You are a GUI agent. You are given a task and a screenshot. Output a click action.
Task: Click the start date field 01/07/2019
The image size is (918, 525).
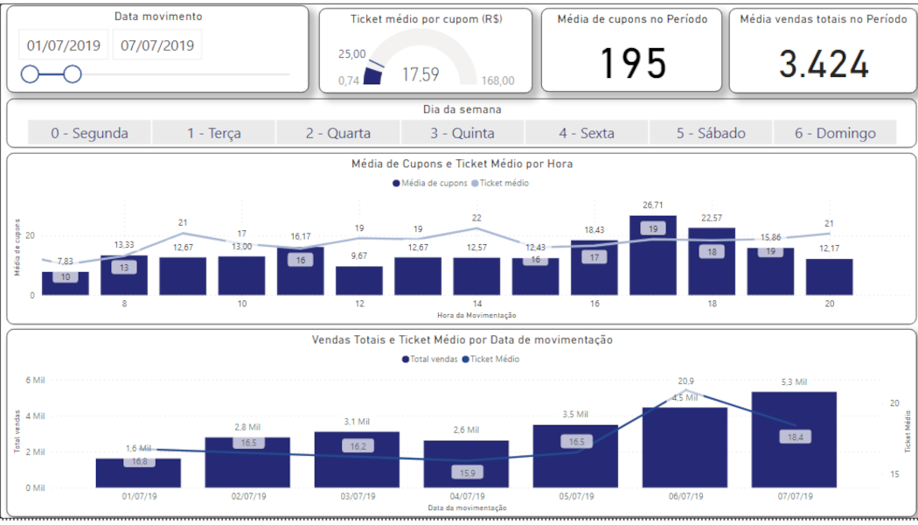point(64,45)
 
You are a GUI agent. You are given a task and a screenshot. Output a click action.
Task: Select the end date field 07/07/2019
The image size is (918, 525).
point(157,45)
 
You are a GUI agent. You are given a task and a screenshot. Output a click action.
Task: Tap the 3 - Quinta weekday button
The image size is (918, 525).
point(462,133)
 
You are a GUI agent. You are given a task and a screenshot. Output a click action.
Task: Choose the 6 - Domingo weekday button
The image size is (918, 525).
point(835,133)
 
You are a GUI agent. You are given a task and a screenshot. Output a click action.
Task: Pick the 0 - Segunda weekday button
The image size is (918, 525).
point(89,133)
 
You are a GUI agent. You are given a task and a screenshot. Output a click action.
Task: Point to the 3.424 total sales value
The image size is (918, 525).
point(824,65)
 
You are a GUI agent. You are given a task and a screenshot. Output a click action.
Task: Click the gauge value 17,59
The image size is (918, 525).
point(421,74)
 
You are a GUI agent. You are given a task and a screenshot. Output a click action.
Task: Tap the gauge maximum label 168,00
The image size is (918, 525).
point(497,81)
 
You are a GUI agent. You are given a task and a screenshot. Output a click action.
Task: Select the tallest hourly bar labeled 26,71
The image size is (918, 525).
point(653,258)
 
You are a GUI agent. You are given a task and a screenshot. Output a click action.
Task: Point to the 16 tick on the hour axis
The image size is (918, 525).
point(595,304)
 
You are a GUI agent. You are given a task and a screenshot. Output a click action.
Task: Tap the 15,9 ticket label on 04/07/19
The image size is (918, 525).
point(466,472)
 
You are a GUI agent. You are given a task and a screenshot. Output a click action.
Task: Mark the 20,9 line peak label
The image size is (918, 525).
point(685,381)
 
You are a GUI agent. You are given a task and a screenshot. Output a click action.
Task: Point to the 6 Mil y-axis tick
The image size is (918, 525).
point(34,380)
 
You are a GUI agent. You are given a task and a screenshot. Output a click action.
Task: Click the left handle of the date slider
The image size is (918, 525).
point(30,74)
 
